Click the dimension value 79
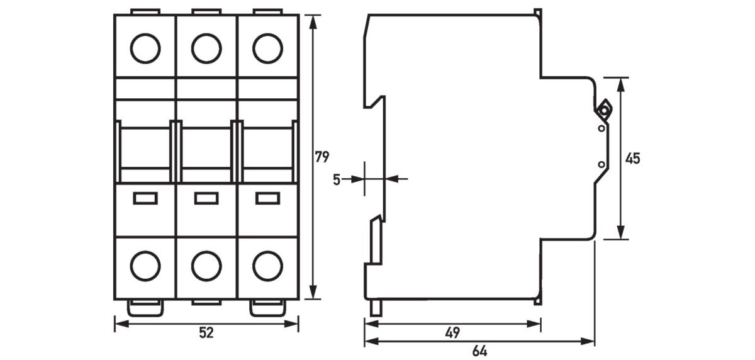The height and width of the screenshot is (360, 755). (x=322, y=157)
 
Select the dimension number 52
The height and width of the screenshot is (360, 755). (x=206, y=333)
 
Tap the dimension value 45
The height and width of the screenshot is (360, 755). (x=633, y=159)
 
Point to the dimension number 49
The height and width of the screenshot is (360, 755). (x=452, y=333)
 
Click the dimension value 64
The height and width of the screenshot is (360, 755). (x=479, y=351)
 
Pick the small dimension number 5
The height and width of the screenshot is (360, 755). (x=337, y=179)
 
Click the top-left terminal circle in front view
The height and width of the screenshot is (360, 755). (x=145, y=48)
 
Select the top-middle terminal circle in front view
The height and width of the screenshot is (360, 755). (x=206, y=48)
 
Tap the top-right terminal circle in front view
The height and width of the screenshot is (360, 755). (x=267, y=48)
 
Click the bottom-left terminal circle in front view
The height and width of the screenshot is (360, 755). (x=145, y=266)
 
